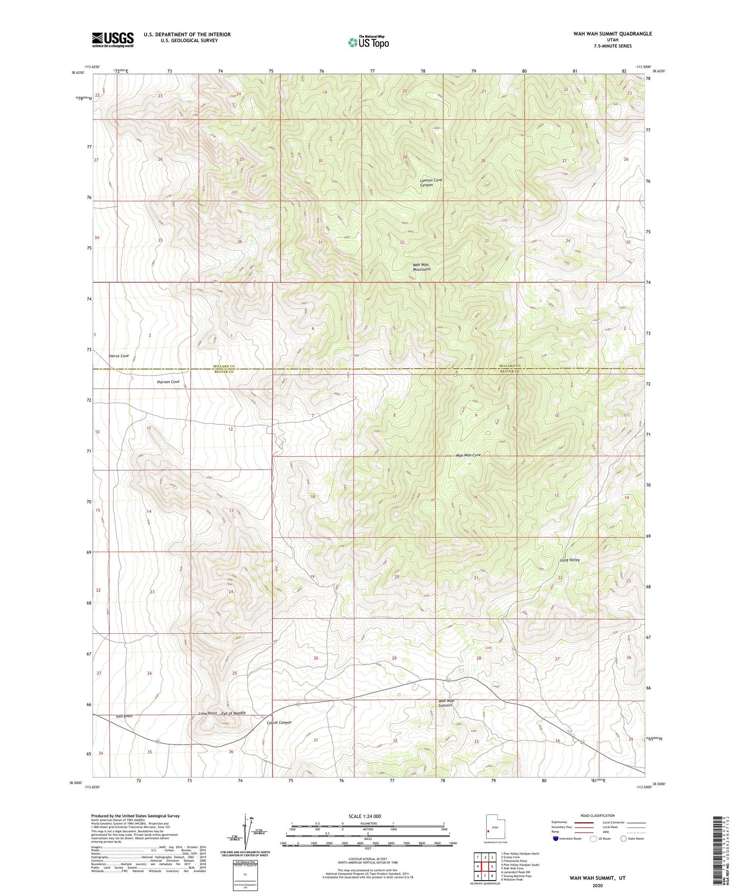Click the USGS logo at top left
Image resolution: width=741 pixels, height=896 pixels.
113,39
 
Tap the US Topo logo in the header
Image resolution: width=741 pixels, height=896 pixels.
368,42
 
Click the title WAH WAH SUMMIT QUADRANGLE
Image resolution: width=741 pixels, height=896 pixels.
612,34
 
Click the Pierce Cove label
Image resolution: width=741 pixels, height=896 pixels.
118,356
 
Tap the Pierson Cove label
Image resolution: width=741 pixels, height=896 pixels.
168,382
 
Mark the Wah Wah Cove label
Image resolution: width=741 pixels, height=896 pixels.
469,455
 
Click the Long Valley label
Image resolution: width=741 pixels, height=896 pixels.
569,560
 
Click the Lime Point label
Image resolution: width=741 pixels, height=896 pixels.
209,713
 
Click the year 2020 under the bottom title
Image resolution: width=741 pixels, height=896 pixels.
597,885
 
